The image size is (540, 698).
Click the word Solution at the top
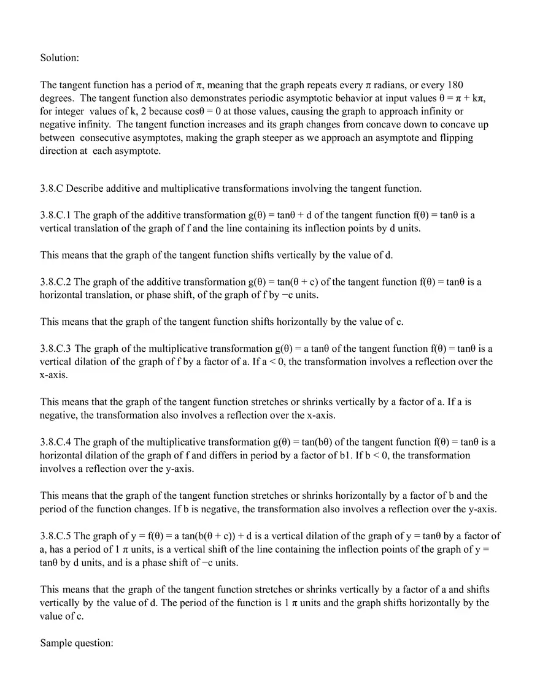60,58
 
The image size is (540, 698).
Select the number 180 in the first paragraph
455,85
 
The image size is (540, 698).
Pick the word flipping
456,138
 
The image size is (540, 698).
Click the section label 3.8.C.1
56,215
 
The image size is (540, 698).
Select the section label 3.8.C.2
56,282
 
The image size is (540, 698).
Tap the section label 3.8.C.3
56,349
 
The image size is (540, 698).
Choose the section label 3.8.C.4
56,442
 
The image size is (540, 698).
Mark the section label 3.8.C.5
56,536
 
